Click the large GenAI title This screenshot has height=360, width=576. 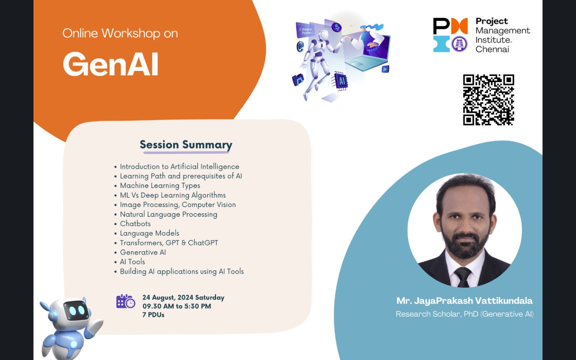[111, 64]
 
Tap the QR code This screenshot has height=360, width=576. [488, 100]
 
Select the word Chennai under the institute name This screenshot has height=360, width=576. [492, 49]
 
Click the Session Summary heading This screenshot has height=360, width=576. [186, 145]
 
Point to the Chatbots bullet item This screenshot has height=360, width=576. [135, 224]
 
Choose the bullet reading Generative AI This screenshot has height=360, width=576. [142, 252]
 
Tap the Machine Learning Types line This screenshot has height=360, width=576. [160, 186]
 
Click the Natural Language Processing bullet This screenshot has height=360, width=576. [168, 214]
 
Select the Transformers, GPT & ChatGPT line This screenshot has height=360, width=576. [169, 243]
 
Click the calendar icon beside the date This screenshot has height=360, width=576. [126, 301]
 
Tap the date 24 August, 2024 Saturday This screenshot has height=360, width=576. [183, 297]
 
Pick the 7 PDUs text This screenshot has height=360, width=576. [153, 315]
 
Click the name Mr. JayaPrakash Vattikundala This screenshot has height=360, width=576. [464, 301]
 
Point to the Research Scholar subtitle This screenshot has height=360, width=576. [464, 314]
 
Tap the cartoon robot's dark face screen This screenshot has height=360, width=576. [77, 310]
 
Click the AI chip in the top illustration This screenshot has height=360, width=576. [341, 81]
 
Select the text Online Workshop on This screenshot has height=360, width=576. [120, 33]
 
